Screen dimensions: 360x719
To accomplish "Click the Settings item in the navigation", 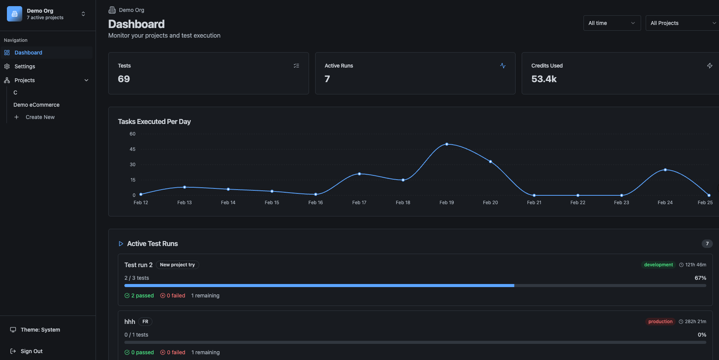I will click(25, 66).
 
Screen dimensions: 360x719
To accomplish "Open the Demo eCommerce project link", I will click(36, 105).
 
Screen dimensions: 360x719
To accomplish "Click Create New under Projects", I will click(40, 117).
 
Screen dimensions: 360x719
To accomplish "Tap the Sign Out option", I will click(31, 351).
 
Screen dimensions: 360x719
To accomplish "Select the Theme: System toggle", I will click(40, 330).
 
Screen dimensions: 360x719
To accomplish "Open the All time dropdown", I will click(612, 23).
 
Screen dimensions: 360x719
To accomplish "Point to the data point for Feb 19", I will click(447, 144).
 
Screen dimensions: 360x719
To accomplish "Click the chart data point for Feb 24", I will click(665, 170).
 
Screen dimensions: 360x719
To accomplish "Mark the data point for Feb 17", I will click(359, 174).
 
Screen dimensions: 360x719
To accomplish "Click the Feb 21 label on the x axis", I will click(534, 203).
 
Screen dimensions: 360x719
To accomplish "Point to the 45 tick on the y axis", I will click(132, 149).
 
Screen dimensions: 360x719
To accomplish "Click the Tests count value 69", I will click(124, 79).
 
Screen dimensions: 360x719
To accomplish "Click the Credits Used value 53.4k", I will click(544, 79).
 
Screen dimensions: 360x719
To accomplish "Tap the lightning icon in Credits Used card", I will click(710, 66).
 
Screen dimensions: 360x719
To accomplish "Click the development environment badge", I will click(658, 265).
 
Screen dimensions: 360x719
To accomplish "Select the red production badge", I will click(660, 322).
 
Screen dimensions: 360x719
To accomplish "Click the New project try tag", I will click(177, 265).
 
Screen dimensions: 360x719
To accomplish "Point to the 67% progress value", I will click(700, 278).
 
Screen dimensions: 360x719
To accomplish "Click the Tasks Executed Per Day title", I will click(154, 122).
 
